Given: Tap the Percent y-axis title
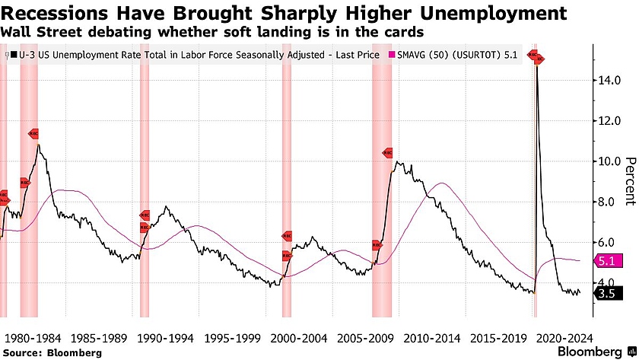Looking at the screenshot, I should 630,181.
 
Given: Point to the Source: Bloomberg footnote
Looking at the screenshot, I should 52,352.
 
